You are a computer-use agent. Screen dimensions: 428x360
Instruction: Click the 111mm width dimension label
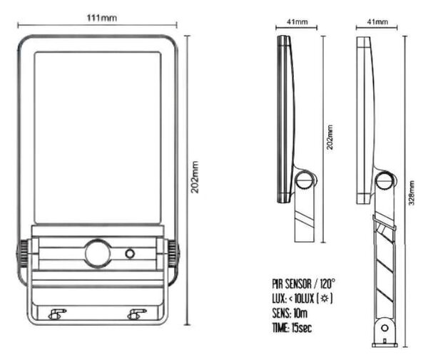(101, 18)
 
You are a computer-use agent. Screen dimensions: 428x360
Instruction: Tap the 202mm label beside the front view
(195, 178)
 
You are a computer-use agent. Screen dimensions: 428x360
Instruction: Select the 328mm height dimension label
(412, 192)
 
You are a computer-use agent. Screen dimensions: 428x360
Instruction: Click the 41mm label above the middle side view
(297, 21)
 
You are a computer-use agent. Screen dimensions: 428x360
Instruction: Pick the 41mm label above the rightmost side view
(377, 21)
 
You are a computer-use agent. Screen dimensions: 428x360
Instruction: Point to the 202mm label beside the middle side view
(330, 137)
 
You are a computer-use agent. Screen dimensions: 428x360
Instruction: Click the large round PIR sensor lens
(98, 254)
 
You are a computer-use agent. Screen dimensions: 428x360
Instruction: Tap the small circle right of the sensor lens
(130, 254)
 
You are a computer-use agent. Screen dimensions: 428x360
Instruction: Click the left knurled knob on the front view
(24, 254)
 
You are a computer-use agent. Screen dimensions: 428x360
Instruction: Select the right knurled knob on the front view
(173, 254)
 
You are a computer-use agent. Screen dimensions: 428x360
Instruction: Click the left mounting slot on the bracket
(57, 314)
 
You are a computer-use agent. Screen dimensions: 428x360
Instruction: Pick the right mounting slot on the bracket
(137, 314)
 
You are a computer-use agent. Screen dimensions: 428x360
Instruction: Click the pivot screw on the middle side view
(305, 180)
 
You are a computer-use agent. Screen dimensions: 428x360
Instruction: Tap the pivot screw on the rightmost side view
(385, 180)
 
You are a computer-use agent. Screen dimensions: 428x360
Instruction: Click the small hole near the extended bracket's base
(384, 328)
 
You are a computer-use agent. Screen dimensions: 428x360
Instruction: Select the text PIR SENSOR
(292, 284)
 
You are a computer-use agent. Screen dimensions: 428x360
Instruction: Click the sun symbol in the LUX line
(325, 299)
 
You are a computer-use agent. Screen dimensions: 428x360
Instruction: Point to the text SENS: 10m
(290, 313)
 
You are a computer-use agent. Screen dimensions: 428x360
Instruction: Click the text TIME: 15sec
(292, 327)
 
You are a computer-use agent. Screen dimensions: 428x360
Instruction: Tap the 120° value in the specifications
(327, 284)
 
